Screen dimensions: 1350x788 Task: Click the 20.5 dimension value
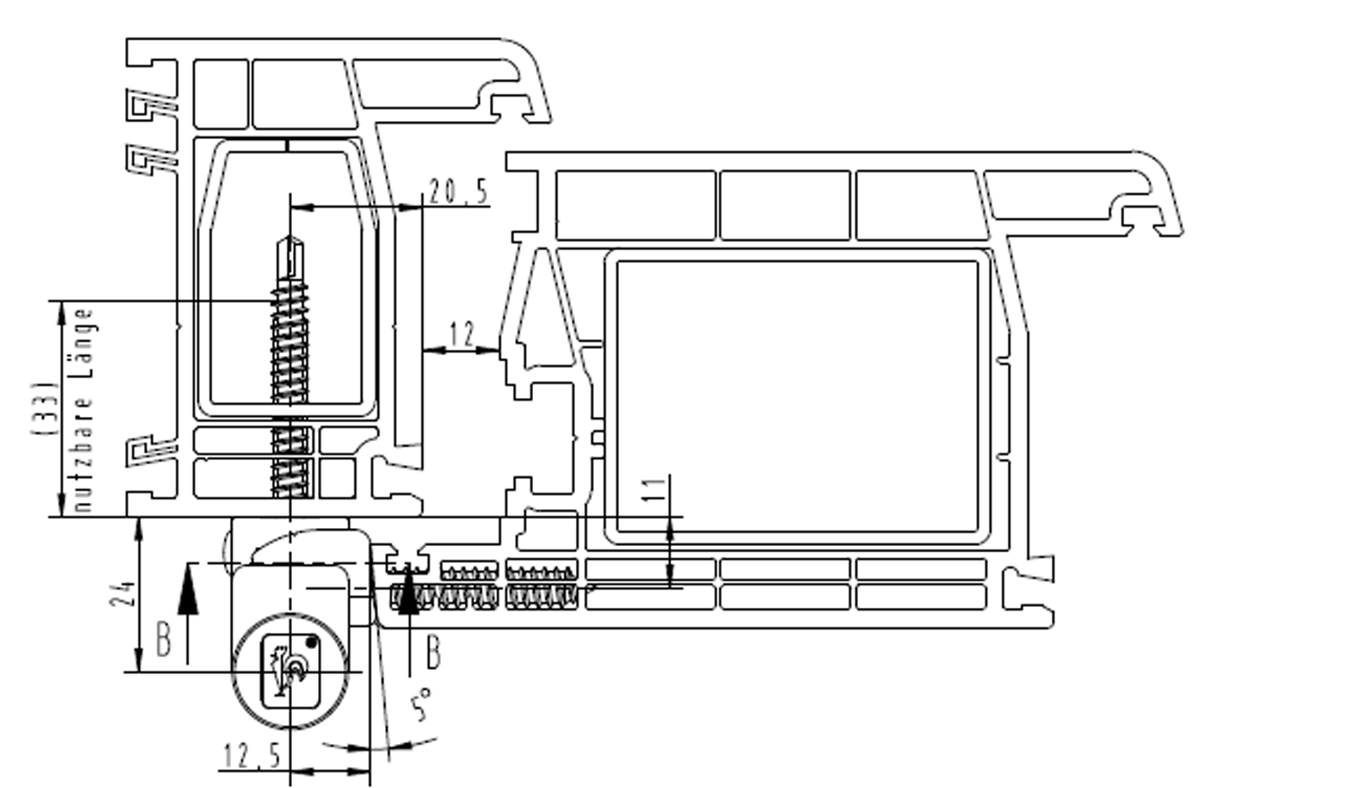click(458, 192)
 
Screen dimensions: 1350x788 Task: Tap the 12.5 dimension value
click(252, 756)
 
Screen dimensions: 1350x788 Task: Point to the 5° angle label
click(421, 704)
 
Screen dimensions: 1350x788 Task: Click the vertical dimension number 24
click(123, 593)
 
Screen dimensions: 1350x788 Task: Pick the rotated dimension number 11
click(654, 489)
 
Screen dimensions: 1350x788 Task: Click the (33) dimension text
click(45, 408)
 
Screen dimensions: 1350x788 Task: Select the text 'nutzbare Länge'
click(83, 410)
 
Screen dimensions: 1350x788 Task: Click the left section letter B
click(164, 640)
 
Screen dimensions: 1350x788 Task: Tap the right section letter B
click(434, 652)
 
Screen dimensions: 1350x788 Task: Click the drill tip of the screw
click(290, 238)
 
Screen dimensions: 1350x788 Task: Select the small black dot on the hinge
click(311, 643)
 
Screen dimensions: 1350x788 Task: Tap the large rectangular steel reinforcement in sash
click(797, 396)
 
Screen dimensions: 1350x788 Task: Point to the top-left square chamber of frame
click(221, 93)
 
